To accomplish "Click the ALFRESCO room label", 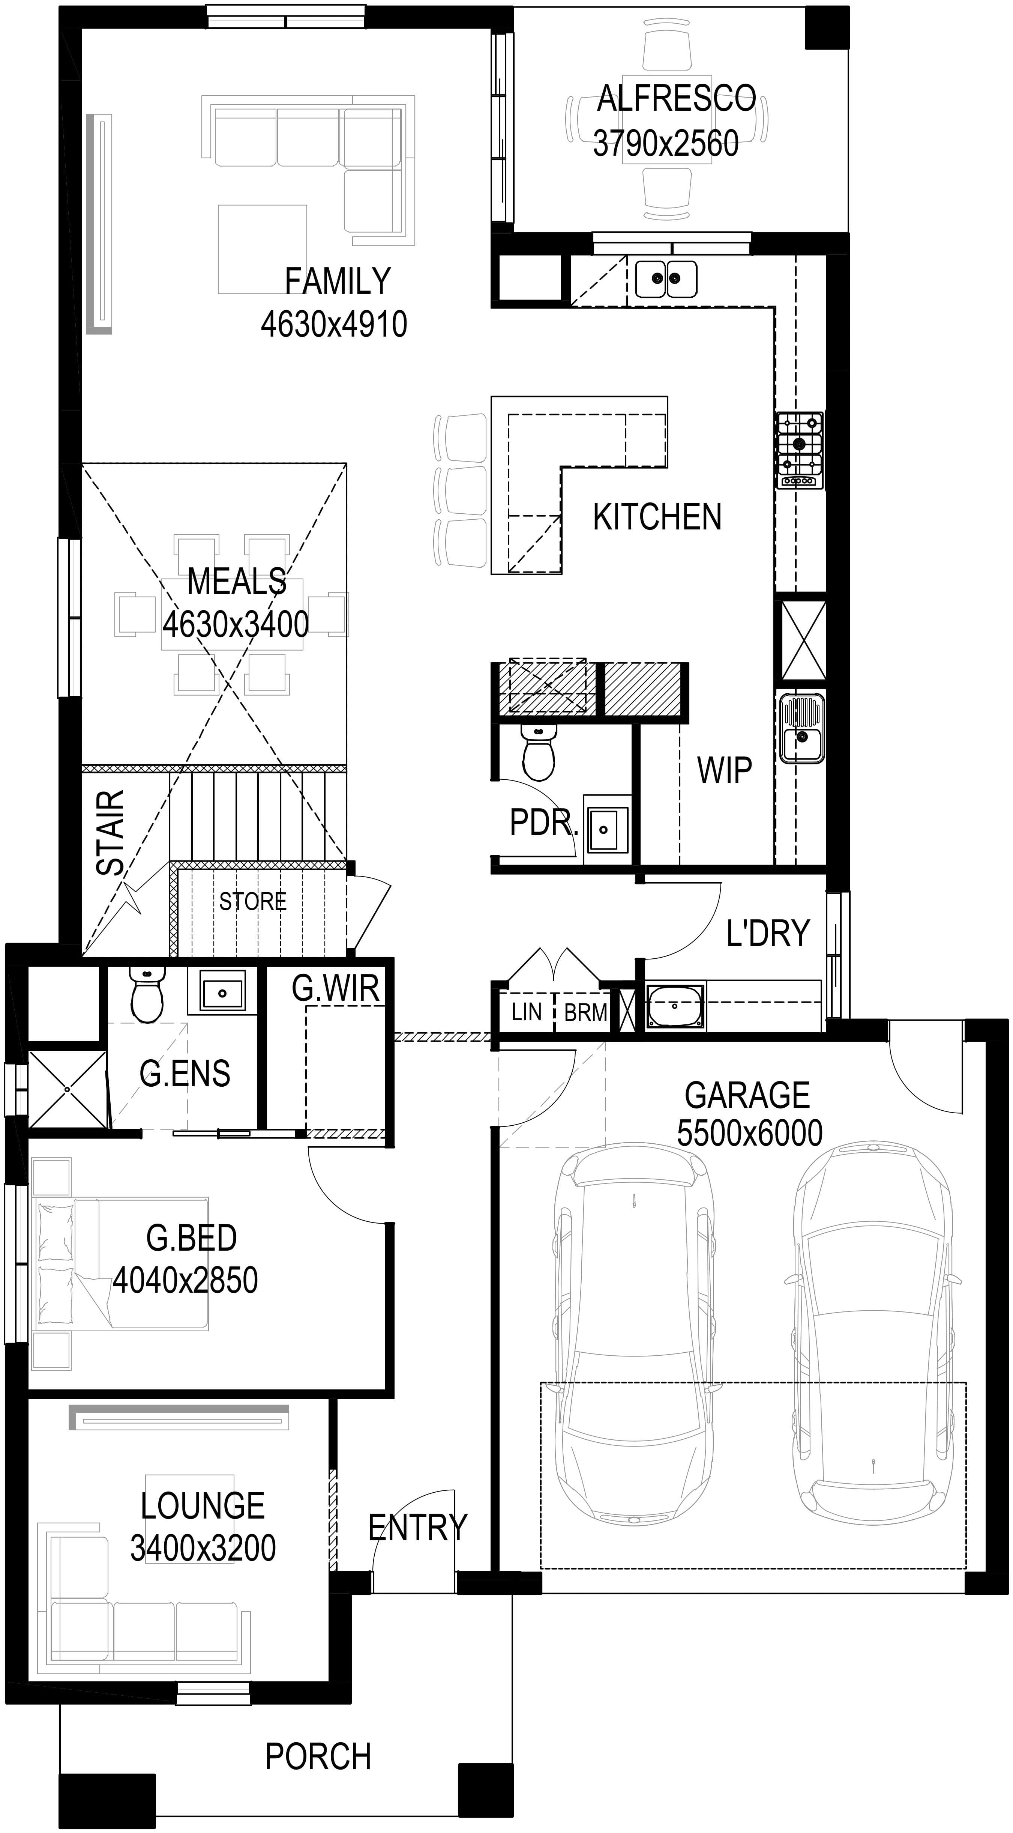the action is coord(676,98).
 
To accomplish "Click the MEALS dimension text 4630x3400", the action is coord(236,624).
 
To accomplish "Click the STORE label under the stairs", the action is coord(252,902).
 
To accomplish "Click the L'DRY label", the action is coord(768,933).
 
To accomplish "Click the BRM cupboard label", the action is coord(585,1012).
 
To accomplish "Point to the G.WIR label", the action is coord(335,988).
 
